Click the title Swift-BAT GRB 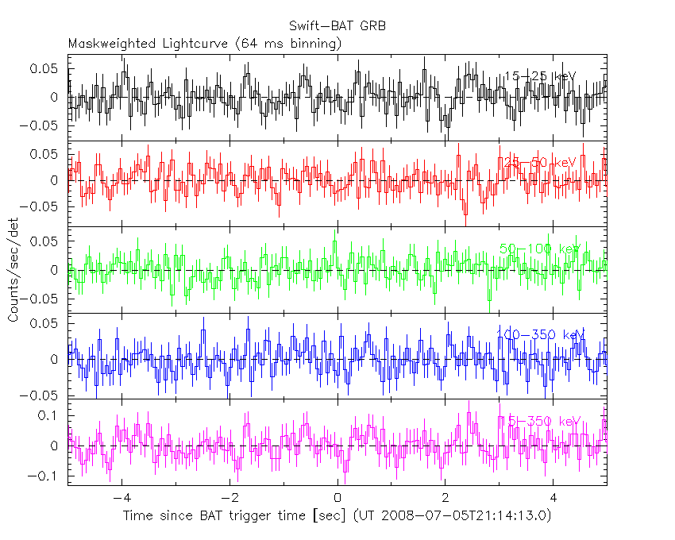337,26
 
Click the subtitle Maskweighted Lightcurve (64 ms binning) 205,44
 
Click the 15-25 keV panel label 539,76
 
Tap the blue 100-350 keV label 541,334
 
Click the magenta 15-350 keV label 540,420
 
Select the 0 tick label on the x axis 337,498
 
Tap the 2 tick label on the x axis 445,498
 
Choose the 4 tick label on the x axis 553,498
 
